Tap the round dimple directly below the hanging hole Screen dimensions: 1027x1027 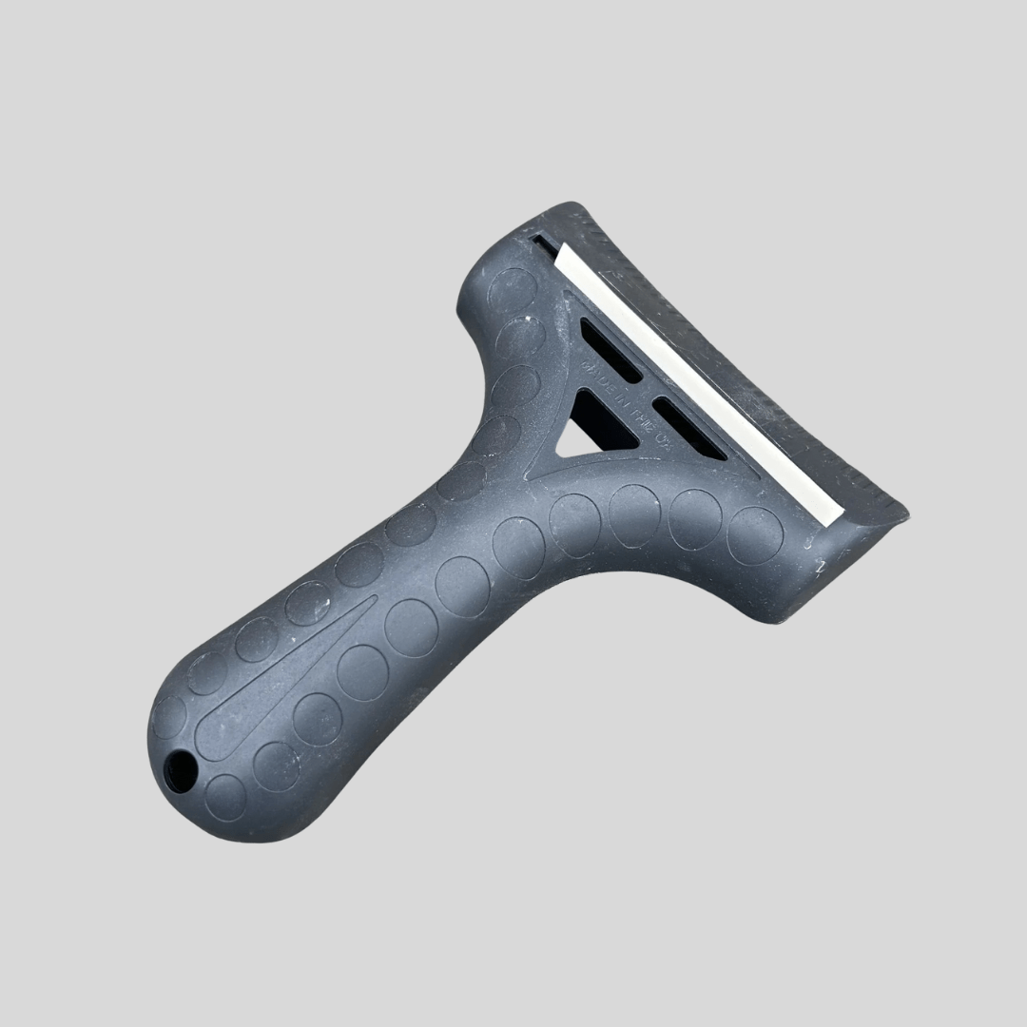(x=225, y=796)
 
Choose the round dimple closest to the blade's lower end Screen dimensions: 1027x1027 (x=755, y=534)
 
